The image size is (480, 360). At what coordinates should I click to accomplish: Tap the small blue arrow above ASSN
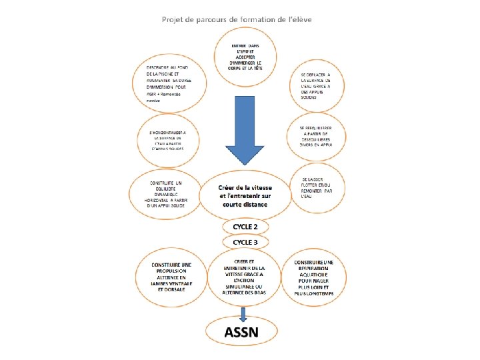click(244, 313)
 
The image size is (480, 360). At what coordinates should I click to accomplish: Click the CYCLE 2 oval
click(245, 227)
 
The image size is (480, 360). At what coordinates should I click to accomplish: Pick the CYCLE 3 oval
click(245, 241)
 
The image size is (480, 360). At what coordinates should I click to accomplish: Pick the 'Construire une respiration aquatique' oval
click(319, 276)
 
